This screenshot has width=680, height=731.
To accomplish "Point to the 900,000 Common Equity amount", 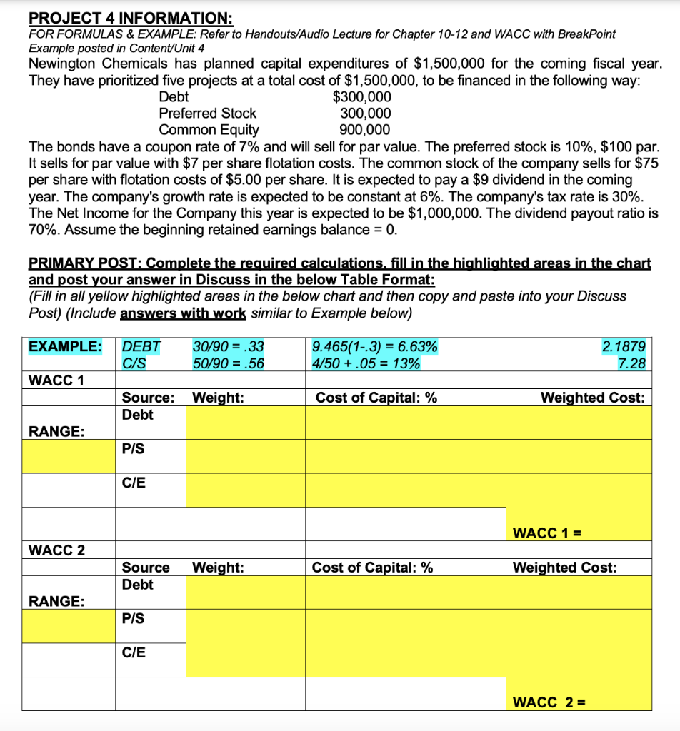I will click(x=365, y=129).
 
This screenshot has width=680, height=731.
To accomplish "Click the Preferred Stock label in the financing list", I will click(x=207, y=113).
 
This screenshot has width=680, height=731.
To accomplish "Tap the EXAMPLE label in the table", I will click(x=64, y=347).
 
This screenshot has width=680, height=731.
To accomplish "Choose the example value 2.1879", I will click(x=624, y=347).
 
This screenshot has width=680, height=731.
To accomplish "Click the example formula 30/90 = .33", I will click(x=229, y=347).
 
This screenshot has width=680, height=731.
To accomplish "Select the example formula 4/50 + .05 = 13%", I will click(x=366, y=363).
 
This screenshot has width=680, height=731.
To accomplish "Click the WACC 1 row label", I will click(x=56, y=380).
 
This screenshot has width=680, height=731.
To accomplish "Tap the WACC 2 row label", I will click(x=56, y=550).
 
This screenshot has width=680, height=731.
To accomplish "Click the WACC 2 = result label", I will click(x=546, y=702).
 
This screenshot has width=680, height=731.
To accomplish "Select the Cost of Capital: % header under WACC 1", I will click(x=376, y=398).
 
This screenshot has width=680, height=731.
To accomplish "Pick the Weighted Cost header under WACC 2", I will click(x=565, y=568).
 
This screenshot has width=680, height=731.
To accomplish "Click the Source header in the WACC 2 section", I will click(x=146, y=568).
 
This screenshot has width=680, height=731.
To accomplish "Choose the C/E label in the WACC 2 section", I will click(x=134, y=652).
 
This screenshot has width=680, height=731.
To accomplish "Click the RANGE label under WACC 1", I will click(x=55, y=431).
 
